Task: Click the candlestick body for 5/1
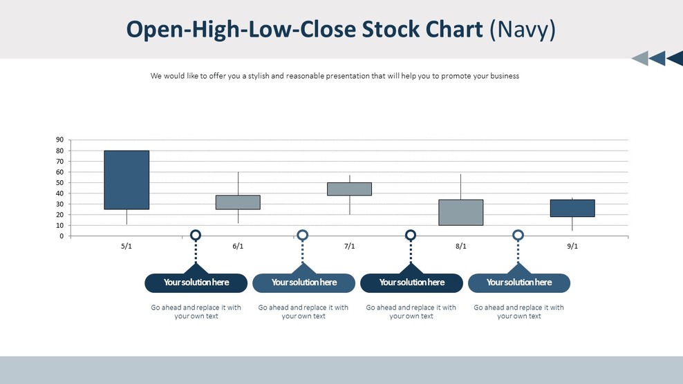pyautogui.click(x=127, y=180)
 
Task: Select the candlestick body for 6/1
pyautogui.click(x=238, y=202)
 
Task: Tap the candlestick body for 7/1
pyautogui.click(x=349, y=189)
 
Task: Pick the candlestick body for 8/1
pyautogui.click(x=460, y=212)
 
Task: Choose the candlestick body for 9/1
pyautogui.click(x=572, y=208)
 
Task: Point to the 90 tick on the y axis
pyautogui.click(x=59, y=140)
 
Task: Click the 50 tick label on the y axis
pyautogui.click(x=59, y=183)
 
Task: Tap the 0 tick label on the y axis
pyautogui.click(x=62, y=236)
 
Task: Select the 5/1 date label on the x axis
pyautogui.click(x=127, y=247)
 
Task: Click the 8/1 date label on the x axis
pyautogui.click(x=460, y=247)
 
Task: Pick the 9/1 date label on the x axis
pyautogui.click(x=572, y=247)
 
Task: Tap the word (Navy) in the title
pyautogui.click(x=522, y=30)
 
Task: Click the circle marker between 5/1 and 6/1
pyautogui.click(x=196, y=236)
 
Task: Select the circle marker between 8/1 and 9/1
pyautogui.click(x=518, y=236)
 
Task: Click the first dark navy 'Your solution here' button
pyautogui.click(x=196, y=282)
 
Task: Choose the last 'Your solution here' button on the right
pyautogui.click(x=518, y=282)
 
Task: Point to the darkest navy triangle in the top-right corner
pyautogui.click(x=675, y=59)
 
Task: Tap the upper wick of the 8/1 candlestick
pyautogui.click(x=460, y=186)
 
